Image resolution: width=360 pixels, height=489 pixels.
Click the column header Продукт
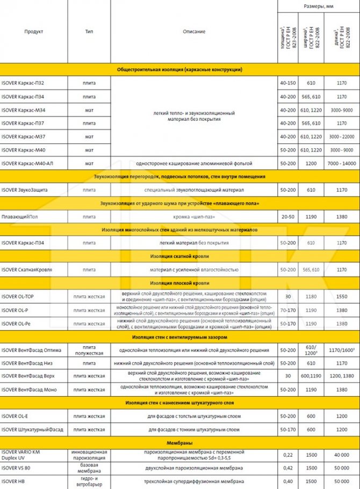pyautogui.click(x=34, y=32)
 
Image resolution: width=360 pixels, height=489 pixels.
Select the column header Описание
pyautogui.click(x=193, y=32)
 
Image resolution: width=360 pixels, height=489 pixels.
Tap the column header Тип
pyautogui.click(x=89, y=32)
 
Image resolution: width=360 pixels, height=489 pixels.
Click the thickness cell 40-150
pyautogui.click(x=287, y=83)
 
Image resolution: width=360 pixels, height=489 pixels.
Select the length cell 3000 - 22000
pyautogui.click(x=341, y=136)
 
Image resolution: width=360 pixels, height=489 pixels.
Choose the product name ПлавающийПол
pyautogui.click(x=19, y=216)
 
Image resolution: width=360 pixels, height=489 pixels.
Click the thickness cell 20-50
pyautogui.click(x=287, y=216)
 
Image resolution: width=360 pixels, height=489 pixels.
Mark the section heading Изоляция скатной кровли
pyautogui.click(x=179, y=256)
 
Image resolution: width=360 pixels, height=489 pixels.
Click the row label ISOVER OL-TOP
pyautogui.click(x=18, y=296)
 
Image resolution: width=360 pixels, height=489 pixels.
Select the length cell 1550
pyautogui.click(x=341, y=296)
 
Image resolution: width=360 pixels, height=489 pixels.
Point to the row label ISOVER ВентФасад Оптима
pyautogui.click(x=31, y=350)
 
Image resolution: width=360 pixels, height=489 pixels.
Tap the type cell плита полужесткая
pyautogui.click(x=89, y=350)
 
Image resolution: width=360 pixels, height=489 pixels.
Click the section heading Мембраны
pyautogui.click(x=179, y=443)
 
